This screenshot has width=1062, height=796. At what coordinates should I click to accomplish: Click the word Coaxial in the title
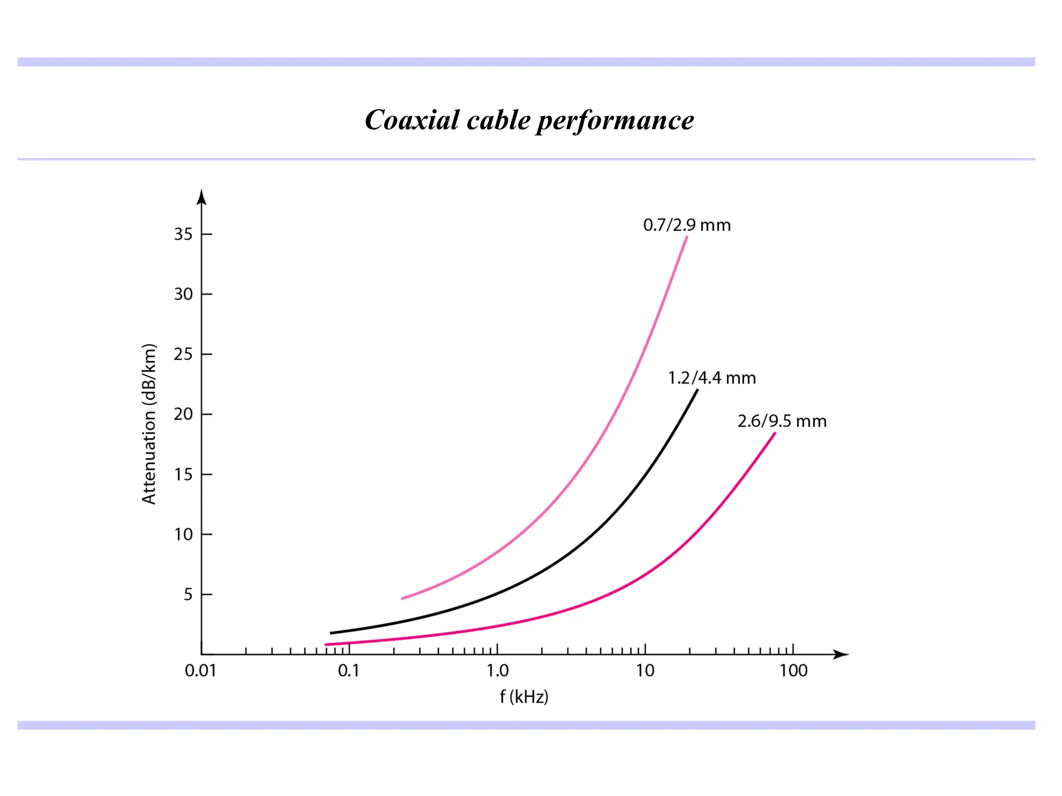[x=412, y=120]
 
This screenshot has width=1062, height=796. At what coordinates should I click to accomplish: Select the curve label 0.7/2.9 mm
[x=687, y=225]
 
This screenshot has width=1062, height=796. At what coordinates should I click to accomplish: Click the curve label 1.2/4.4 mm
[x=711, y=378]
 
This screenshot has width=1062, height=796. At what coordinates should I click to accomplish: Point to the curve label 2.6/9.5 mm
[x=781, y=421]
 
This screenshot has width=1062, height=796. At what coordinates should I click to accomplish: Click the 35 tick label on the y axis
[x=183, y=234]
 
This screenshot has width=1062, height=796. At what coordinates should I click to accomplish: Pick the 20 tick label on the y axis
[x=183, y=414]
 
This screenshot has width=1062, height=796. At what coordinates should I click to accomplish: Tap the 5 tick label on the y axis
[x=188, y=594]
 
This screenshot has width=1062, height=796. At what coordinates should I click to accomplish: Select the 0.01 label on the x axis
[x=200, y=671]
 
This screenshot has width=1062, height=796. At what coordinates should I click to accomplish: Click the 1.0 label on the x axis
[x=497, y=671]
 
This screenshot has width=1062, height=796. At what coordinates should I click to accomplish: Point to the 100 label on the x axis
[x=793, y=671]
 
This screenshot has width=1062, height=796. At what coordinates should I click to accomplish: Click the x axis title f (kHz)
[x=524, y=696]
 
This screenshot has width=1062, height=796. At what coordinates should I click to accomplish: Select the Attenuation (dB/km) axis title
[x=149, y=423]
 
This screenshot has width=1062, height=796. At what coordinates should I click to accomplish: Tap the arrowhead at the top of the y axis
[x=202, y=197]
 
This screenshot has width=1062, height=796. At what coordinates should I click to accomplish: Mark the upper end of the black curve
[x=697, y=391]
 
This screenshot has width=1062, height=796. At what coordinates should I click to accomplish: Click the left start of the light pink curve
[x=403, y=599]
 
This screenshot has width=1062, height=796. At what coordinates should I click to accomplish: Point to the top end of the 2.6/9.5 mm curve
[x=775, y=433]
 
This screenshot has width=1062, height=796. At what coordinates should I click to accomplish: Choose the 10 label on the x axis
[x=645, y=671]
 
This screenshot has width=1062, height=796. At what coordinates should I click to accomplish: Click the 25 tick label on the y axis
[x=183, y=354]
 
